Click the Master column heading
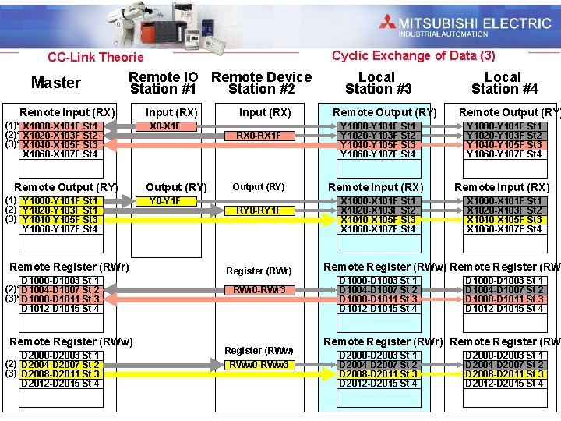55,83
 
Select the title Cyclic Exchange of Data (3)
413,55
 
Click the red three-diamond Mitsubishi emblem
387,22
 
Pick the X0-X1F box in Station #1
164,126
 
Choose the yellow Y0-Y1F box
164,201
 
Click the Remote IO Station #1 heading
163,83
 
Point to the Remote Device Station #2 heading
261,83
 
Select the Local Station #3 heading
377,83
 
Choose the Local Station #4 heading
503,83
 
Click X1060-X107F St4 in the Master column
60,154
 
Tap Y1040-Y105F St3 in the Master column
60,220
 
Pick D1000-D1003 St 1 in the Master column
60,281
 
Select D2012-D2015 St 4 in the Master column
60,384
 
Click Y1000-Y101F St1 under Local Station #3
377,126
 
